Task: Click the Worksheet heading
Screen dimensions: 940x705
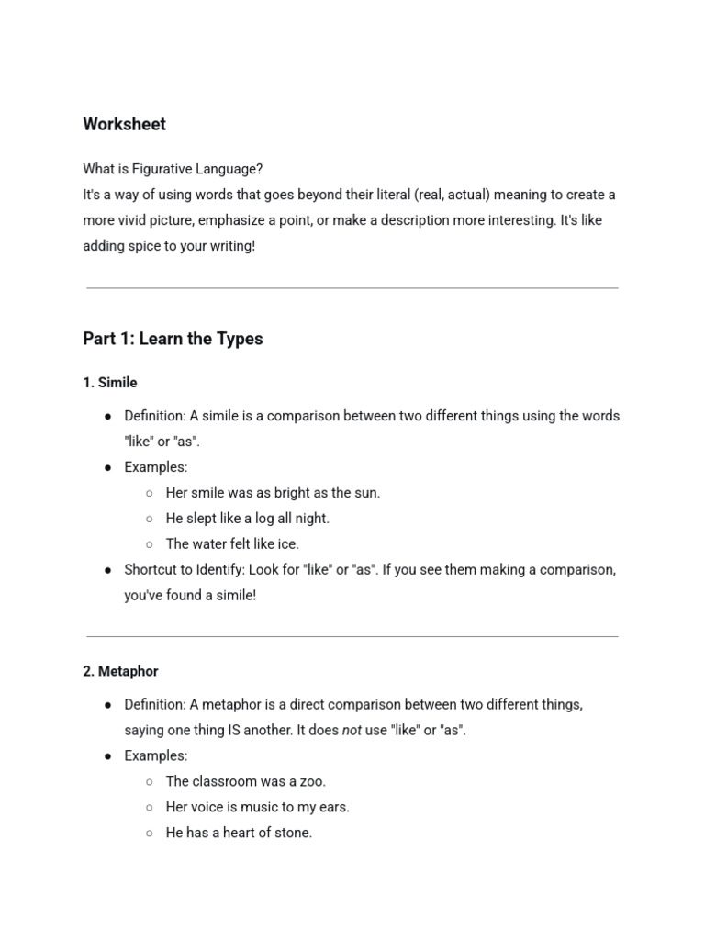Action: click(x=124, y=124)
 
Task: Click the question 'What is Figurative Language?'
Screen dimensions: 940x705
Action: click(x=173, y=169)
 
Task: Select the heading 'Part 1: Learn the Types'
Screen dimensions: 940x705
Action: click(x=173, y=339)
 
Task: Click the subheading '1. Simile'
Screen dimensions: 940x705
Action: click(x=110, y=382)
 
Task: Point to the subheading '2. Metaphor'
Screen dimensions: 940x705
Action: click(x=120, y=671)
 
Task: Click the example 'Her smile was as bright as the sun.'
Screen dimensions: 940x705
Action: click(x=273, y=492)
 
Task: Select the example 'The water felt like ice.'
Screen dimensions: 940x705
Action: click(x=232, y=543)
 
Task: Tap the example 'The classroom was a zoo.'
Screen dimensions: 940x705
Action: click(x=245, y=781)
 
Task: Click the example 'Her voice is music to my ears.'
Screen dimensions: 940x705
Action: click(x=257, y=807)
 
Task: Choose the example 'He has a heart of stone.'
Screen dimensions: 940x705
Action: click(x=239, y=833)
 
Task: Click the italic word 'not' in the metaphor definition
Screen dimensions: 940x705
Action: click(x=352, y=730)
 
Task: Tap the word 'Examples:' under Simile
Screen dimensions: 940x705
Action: click(x=156, y=466)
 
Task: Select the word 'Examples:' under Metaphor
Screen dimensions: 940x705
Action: click(x=156, y=755)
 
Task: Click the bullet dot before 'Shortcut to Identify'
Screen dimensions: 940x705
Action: click(x=108, y=569)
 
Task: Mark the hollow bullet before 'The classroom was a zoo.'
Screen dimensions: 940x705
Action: click(x=150, y=781)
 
